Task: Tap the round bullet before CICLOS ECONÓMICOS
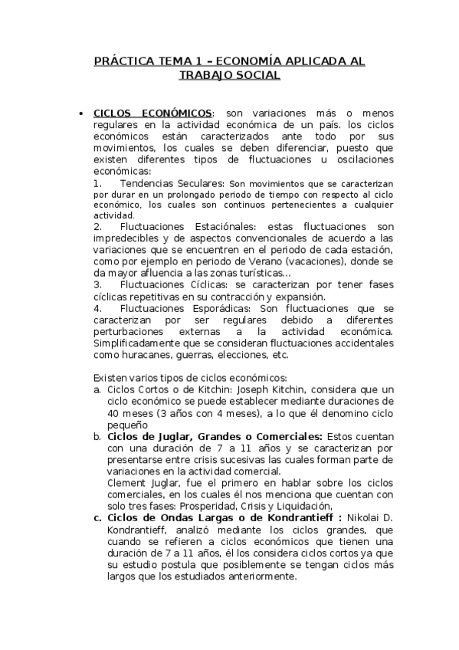pos(81,113)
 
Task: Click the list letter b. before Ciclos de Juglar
pos(97,436)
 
